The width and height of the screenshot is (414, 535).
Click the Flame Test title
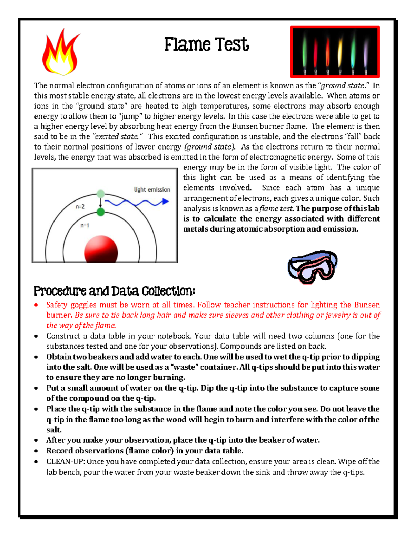[206, 45]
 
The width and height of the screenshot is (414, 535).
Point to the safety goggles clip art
[312, 267]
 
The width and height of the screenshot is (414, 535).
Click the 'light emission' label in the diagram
[152, 189]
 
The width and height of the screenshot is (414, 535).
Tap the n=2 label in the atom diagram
[80, 207]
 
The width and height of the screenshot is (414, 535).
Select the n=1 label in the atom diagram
[85, 226]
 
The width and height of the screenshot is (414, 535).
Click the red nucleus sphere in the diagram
[101, 250]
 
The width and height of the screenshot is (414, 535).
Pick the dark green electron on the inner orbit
[100, 212]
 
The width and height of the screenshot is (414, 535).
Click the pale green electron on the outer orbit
[100, 194]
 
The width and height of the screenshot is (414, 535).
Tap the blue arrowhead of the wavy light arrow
[166, 201]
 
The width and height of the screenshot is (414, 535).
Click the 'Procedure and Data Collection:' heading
[114, 291]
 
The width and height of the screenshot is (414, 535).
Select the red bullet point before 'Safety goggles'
[36, 305]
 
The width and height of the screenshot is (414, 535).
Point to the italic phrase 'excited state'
[116, 136]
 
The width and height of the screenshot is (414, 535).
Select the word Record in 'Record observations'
[60, 451]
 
